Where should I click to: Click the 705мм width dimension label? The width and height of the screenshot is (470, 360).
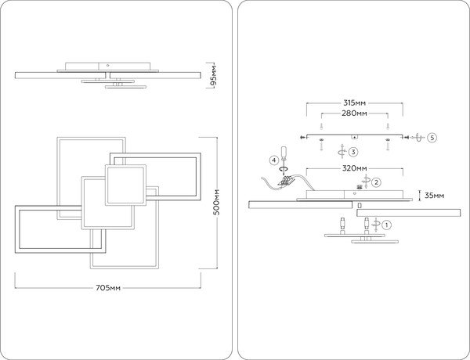108,288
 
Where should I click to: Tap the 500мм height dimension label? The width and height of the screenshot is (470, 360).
217,202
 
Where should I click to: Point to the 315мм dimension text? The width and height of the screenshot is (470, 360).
355,103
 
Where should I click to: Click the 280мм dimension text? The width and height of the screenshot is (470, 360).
354,113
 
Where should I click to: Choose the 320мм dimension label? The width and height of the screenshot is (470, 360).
355,168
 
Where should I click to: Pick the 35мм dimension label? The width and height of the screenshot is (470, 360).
434,196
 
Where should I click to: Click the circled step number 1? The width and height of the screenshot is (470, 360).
387,225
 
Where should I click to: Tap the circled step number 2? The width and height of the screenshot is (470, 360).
376,182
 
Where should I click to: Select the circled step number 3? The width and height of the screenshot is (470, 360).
353,152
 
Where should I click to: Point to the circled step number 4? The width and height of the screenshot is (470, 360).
273,160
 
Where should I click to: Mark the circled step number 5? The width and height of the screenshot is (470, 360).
432,138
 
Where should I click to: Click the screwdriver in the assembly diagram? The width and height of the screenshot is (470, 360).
284,155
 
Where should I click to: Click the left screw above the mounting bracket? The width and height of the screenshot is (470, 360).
321,126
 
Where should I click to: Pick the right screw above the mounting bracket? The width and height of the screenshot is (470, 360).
388,126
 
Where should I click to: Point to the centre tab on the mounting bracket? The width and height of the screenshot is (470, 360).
355,137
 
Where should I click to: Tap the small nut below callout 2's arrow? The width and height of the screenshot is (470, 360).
360,187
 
